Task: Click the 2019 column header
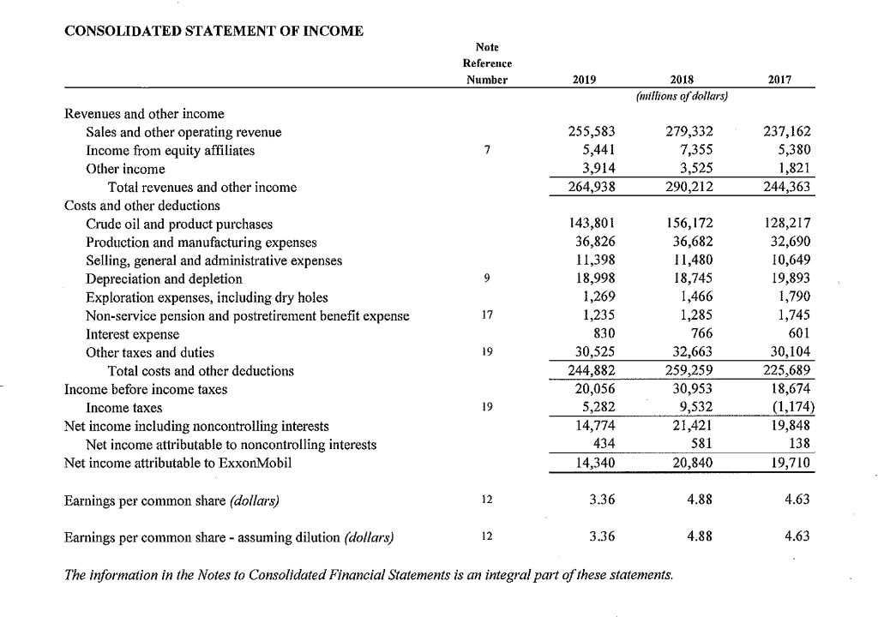(583, 80)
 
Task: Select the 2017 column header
(779, 80)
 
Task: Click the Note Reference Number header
(486, 63)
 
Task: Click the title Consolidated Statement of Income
(214, 32)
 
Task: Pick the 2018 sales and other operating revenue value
(691, 133)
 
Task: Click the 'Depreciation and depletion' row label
(164, 279)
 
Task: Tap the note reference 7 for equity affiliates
(486, 151)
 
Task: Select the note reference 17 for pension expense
(486, 315)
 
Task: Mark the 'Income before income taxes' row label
(146, 389)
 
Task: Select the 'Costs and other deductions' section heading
(142, 206)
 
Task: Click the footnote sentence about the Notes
(369, 574)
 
